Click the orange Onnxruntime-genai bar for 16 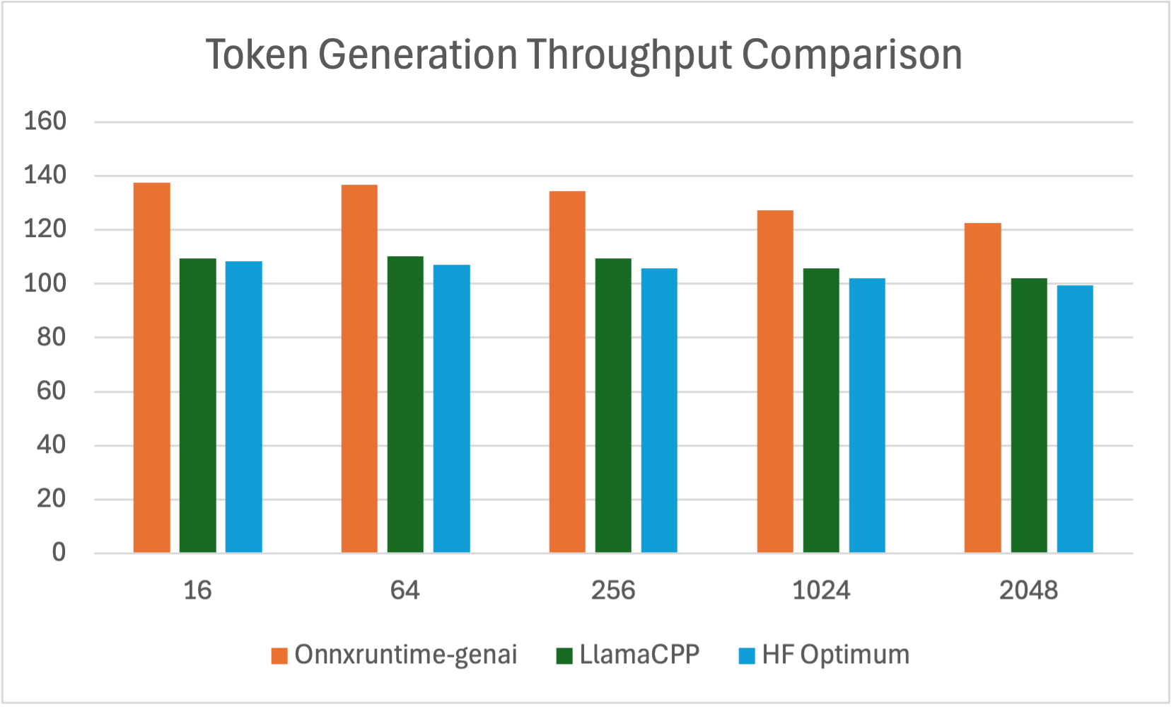[151, 368]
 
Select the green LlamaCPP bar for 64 [405, 404]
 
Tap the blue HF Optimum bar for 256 [659, 410]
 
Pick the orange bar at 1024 [775, 381]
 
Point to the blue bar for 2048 [1075, 419]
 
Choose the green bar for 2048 [1029, 415]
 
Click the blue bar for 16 [244, 407]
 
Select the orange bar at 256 [567, 372]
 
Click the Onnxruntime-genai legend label [405, 655]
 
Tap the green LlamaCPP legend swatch [564, 656]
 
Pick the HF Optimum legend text [835, 655]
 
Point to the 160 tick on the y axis [45, 121]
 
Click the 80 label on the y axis [51, 337]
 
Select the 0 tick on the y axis [59, 552]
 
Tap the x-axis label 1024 [820, 590]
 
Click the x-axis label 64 [405, 590]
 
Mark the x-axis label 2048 [1028, 590]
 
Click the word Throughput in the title [628, 55]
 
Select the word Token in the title [257, 55]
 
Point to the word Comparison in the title [851, 55]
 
